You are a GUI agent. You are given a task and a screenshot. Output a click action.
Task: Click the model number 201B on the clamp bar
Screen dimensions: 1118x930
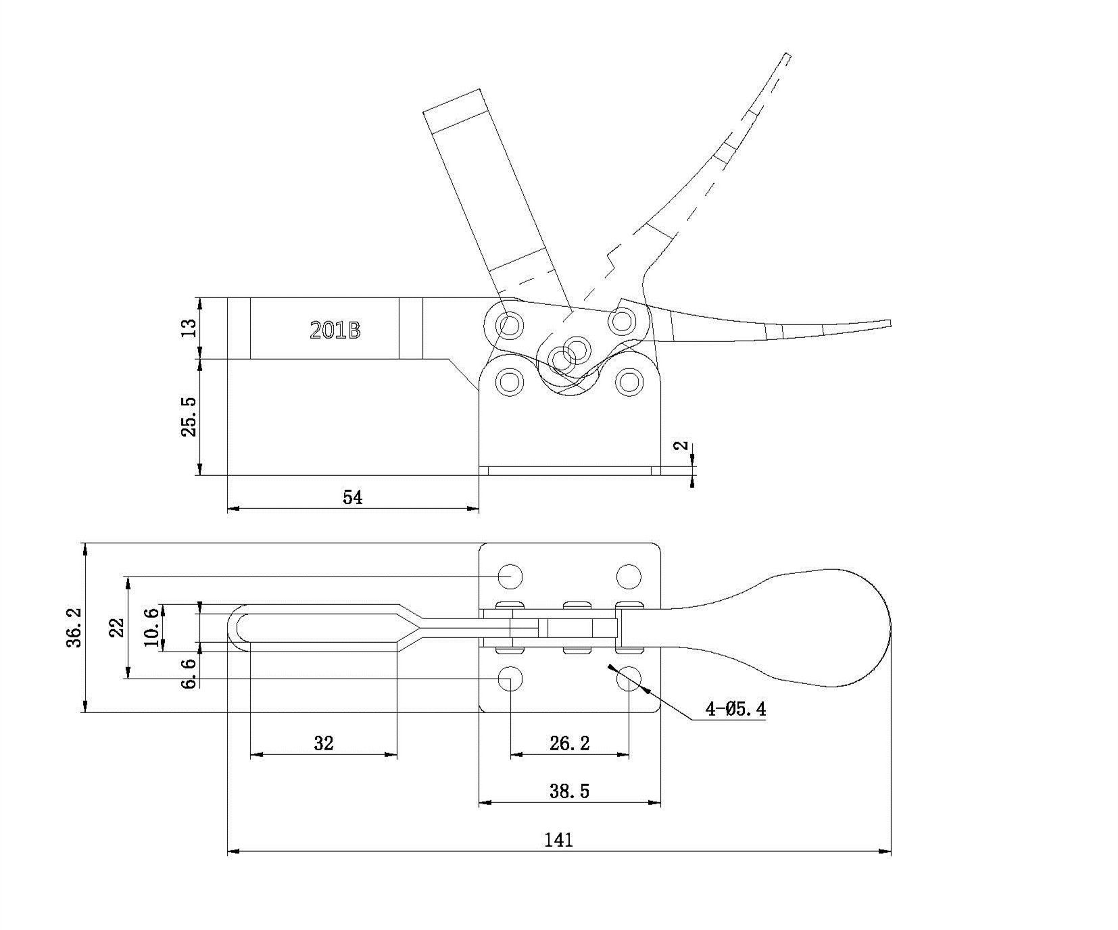335,330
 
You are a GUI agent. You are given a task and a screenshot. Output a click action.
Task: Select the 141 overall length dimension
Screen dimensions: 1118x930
558,839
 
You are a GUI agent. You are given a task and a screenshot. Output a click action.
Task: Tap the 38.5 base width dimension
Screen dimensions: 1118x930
569,791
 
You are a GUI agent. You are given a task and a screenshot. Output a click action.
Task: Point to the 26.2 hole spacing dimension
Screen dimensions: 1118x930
569,743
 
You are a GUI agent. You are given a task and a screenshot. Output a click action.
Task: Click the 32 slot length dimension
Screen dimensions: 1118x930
324,743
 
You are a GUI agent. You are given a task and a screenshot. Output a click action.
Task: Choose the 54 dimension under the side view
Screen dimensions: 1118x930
353,497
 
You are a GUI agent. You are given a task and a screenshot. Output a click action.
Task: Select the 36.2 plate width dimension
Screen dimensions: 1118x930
74,627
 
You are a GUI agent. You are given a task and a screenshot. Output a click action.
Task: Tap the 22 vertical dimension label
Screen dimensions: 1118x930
116,627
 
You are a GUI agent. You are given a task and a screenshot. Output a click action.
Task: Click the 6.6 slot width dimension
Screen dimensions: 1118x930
191,673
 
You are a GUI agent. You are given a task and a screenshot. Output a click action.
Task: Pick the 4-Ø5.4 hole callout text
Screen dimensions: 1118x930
735,709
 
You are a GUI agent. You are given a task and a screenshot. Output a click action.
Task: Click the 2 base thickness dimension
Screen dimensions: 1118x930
683,445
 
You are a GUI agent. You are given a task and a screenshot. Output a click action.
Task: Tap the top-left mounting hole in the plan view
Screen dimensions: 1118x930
510,577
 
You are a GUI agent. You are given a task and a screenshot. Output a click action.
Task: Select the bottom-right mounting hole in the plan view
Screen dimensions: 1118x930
629,679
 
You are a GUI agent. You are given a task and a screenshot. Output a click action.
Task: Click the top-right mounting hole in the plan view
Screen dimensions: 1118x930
629,577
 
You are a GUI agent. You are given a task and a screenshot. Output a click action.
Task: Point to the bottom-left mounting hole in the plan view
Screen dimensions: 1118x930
510,679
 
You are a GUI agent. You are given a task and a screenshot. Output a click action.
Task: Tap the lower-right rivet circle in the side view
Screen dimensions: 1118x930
629,382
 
